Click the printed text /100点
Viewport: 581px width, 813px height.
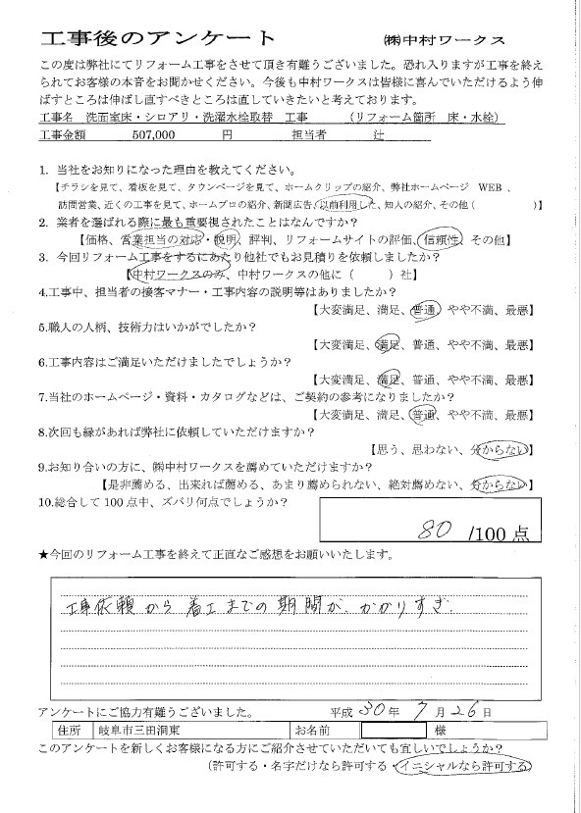pos(499,534)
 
